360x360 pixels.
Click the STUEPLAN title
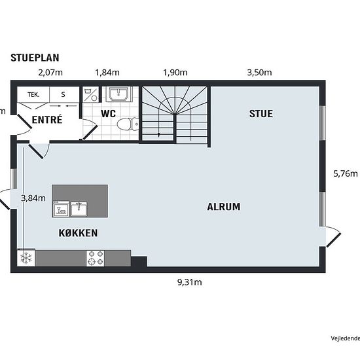pos(35,58)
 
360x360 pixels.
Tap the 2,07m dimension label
pos(50,73)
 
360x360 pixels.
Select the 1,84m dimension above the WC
pos(107,73)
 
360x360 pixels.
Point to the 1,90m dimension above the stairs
pos(175,73)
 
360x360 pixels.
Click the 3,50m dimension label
pos(259,73)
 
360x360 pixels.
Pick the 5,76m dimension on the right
pos(346,173)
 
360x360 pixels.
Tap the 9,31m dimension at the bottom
pos(190,282)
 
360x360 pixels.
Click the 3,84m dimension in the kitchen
pos(33,198)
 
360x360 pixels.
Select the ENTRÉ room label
pos(47,120)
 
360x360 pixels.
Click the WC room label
pos(108,114)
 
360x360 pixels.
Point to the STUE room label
pos(261,114)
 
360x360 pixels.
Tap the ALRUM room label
pos(224,207)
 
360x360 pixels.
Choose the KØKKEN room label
pos(78,233)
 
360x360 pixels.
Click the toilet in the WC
pos(128,124)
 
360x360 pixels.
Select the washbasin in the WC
pos(118,94)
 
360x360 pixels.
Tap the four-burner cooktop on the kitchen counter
pos(96,259)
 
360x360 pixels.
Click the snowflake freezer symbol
pos(26,258)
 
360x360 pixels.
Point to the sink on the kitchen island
pos(79,209)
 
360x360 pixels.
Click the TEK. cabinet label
pos(33,95)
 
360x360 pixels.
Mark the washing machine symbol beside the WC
pos(90,94)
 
